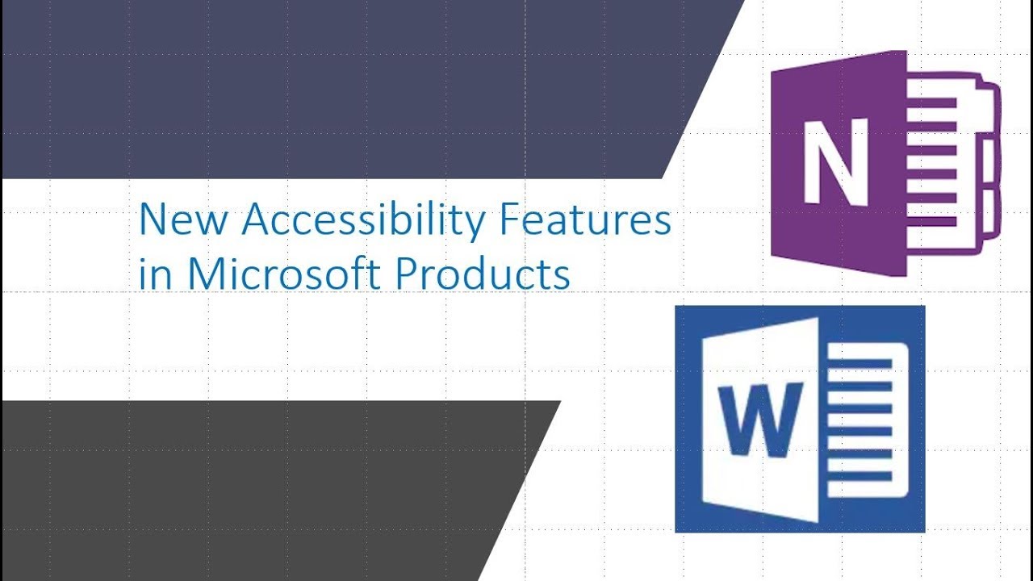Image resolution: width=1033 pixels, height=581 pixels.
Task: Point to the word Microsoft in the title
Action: [286, 274]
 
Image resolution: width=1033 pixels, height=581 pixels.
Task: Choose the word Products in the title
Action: [483, 274]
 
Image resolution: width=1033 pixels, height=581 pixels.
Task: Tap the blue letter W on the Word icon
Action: [759, 419]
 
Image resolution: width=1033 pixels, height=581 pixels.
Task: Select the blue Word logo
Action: [800, 419]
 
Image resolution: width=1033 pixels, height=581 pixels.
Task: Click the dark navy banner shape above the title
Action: [323, 89]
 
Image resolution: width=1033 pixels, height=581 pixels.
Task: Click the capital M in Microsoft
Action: [205, 274]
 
